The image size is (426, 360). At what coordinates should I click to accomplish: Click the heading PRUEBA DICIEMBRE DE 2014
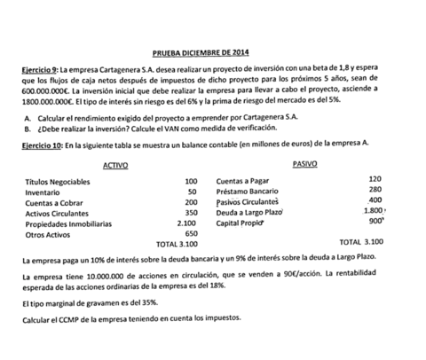click(213, 52)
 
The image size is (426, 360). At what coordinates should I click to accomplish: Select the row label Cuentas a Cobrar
click(52, 202)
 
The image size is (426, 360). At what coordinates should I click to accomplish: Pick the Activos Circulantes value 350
click(189, 213)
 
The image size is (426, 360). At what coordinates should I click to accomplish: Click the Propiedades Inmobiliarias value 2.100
click(185, 223)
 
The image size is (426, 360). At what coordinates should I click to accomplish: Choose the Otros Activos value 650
click(189, 233)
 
